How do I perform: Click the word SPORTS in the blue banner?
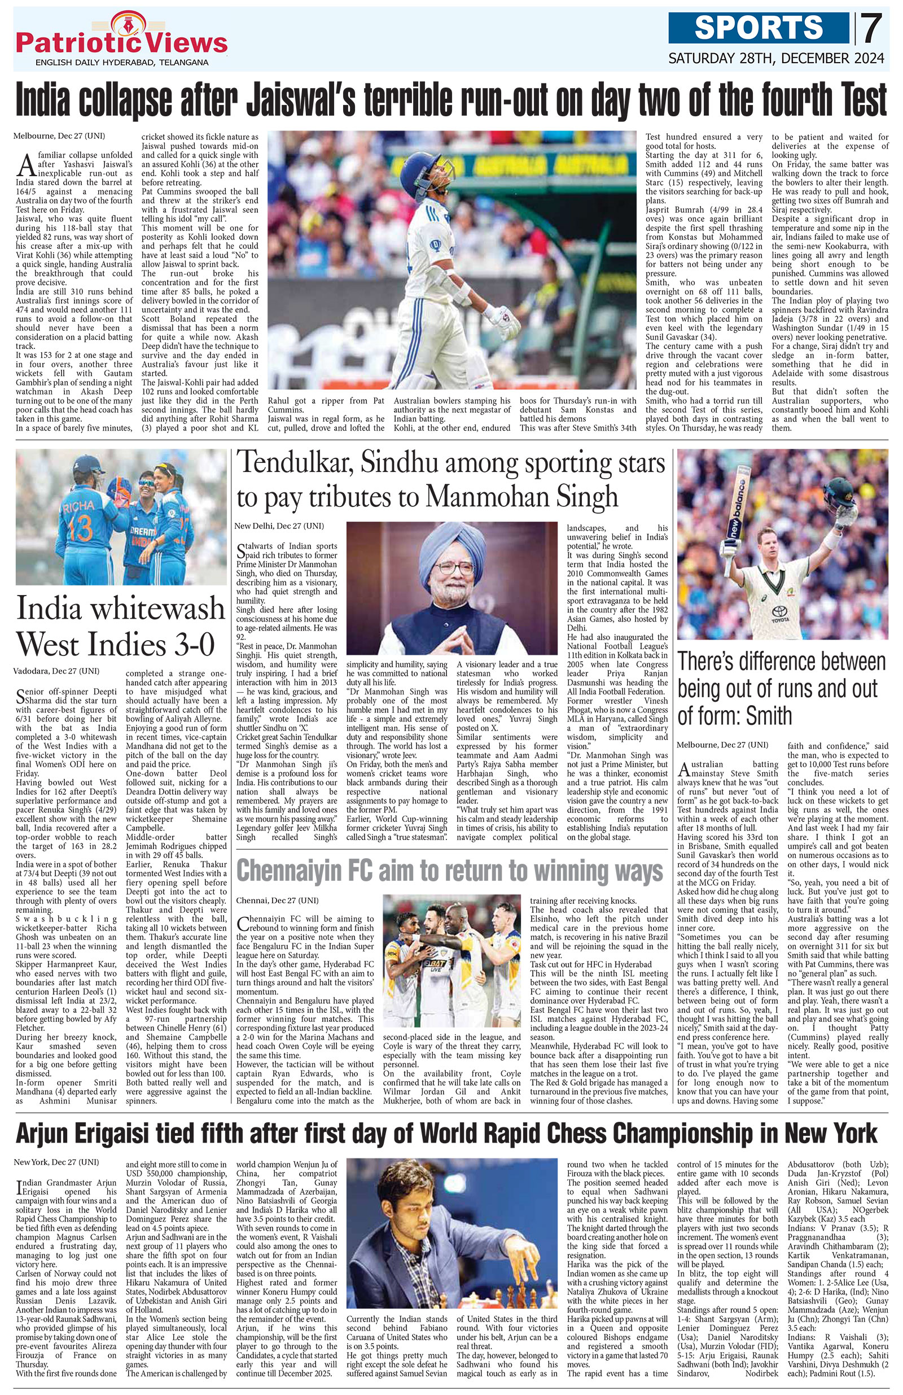[x=760, y=28]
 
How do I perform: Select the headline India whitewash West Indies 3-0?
[x=120, y=626]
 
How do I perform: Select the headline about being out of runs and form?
[x=781, y=689]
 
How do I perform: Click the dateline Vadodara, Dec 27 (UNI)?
[x=58, y=671]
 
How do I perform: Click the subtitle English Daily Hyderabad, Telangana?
[x=122, y=62]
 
